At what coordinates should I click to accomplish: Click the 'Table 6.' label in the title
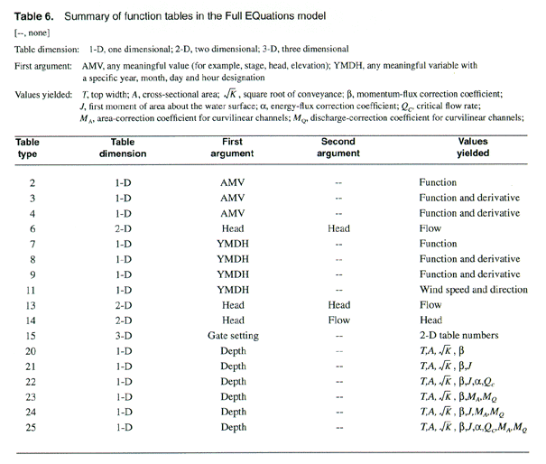click(35, 14)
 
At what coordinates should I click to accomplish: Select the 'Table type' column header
click(32, 148)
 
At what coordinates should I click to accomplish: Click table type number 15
click(32, 336)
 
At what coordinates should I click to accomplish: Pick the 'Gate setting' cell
click(232, 336)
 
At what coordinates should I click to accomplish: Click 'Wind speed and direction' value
click(472, 289)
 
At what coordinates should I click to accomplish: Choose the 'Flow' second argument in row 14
click(339, 320)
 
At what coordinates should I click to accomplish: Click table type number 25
click(32, 428)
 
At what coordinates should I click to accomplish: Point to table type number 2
click(32, 181)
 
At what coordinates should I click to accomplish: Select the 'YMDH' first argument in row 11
click(232, 289)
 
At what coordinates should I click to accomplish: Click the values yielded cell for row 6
click(430, 228)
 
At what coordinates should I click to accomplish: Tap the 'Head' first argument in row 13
click(232, 305)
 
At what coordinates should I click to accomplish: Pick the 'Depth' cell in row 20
click(232, 351)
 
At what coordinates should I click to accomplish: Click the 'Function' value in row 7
click(438, 244)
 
